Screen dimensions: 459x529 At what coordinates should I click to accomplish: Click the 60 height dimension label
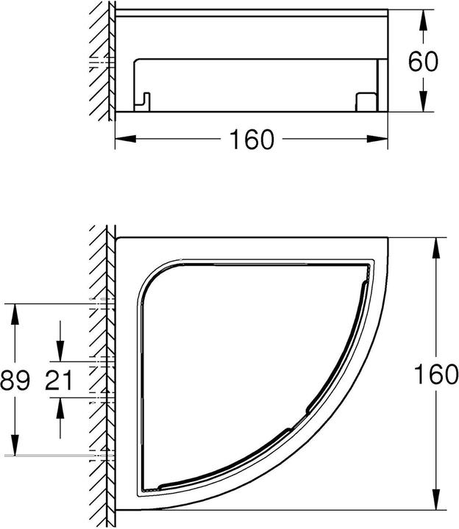pyautogui.click(x=423, y=62)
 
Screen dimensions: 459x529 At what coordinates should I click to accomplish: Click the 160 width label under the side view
pyautogui.click(x=252, y=140)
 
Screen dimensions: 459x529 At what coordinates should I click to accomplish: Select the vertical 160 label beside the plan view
pyautogui.click(x=436, y=375)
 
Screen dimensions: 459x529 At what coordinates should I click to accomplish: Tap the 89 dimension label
pyautogui.click(x=15, y=380)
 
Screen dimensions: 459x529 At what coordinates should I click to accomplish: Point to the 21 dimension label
pyautogui.click(x=59, y=380)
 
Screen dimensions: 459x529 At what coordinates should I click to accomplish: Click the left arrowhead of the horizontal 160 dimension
pyautogui.click(x=126, y=139)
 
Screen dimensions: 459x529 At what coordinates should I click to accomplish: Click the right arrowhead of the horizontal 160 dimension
pyautogui.click(x=377, y=139)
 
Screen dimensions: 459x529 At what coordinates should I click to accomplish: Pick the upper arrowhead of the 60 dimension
pyautogui.click(x=423, y=21)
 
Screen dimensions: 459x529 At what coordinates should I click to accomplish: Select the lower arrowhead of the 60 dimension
pyautogui.click(x=423, y=101)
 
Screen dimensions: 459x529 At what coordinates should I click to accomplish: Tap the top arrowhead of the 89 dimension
pyautogui.click(x=15, y=314)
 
